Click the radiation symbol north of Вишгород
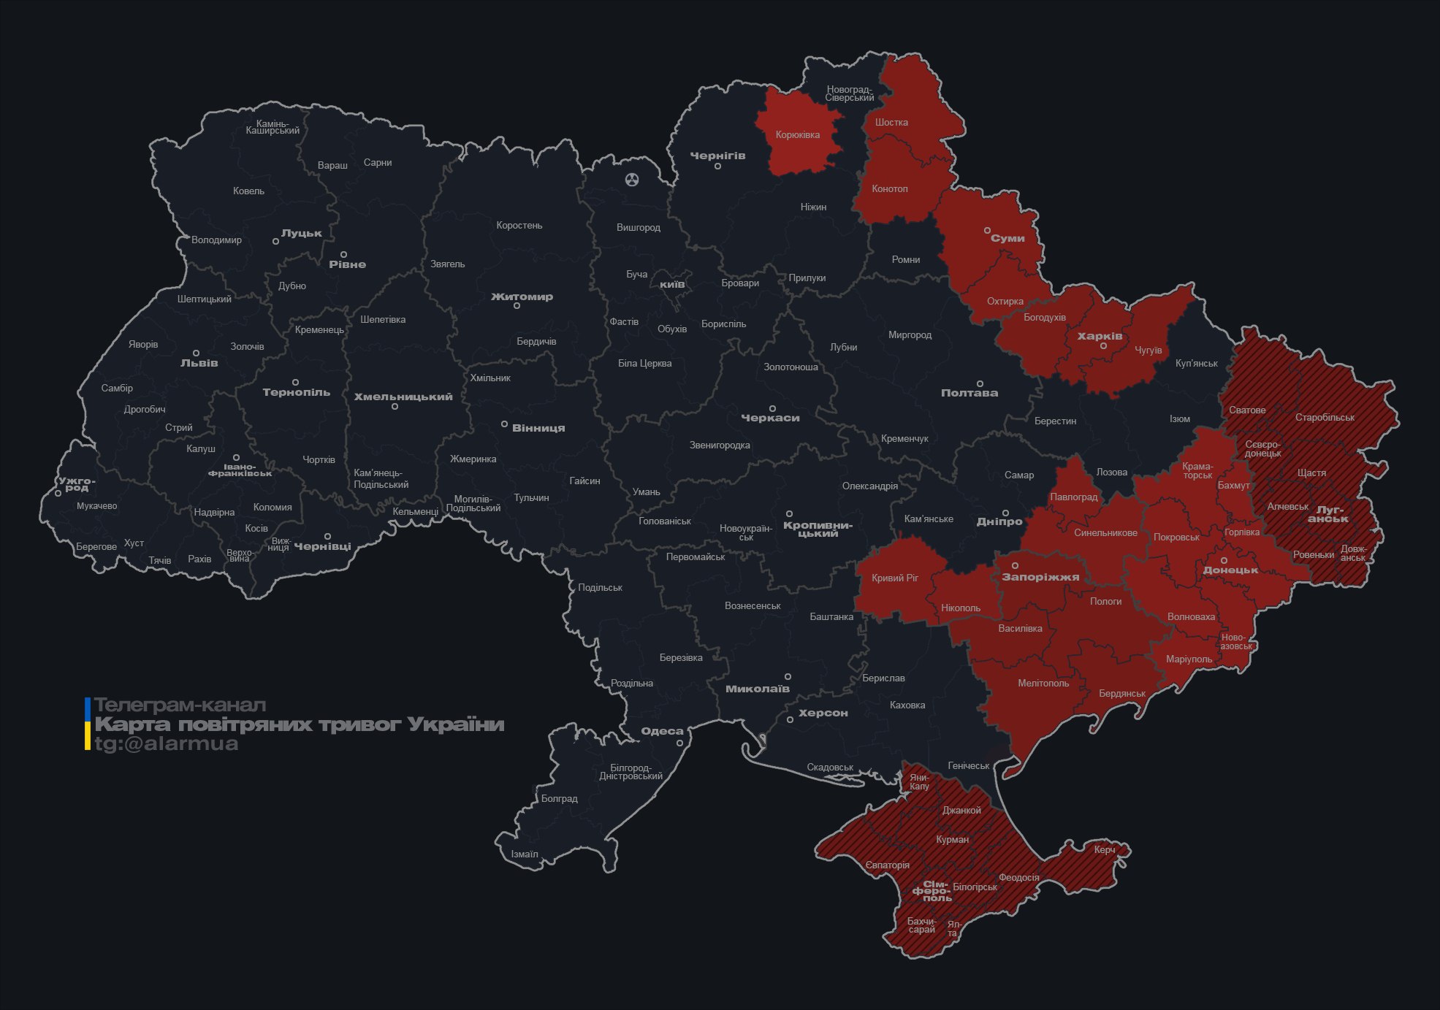632,179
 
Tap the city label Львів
199,363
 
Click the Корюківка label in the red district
797,135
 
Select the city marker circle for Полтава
980,383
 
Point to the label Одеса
662,731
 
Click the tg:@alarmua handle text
167,744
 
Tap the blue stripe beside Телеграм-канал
88,708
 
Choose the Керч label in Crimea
1104,849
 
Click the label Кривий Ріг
894,578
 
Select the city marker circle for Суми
987,230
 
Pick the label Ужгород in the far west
77,484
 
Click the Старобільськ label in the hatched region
1324,418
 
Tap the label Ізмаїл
524,854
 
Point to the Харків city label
1100,337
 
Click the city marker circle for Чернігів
717,167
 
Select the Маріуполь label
1188,659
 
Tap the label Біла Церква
644,364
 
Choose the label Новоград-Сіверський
849,93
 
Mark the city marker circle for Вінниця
504,424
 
